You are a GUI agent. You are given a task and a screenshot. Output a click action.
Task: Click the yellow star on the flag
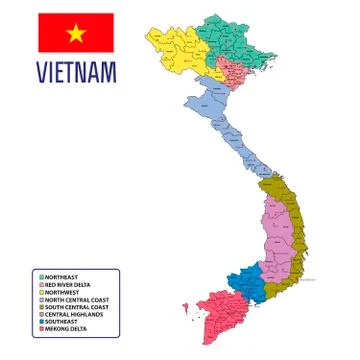pyautogui.click(x=76, y=33)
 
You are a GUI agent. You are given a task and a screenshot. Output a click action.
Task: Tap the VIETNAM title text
pyautogui.click(x=76, y=72)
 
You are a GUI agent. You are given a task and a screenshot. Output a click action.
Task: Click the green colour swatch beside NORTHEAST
pyautogui.click(x=41, y=276)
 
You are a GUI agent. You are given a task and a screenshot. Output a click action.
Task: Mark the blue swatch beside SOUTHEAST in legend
pyautogui.click(x=41, y=321)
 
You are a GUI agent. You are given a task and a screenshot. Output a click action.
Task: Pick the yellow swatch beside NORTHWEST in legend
pyautogui.click(x=41, y=291)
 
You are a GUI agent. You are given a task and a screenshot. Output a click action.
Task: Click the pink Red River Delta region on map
pyautogui.click(x=236, y=71)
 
